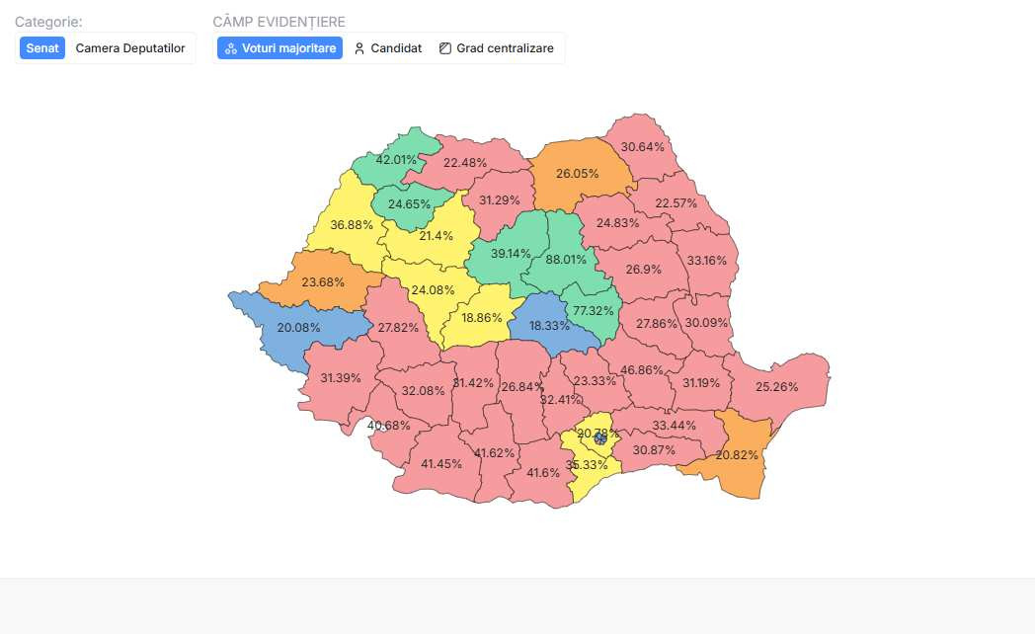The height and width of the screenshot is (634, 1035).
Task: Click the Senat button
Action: (x=42, y=48)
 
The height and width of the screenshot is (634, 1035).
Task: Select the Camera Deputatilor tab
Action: (x=130, y=48)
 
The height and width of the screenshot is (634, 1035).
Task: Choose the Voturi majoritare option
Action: (x=280, y=48)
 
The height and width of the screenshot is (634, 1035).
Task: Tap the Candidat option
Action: (x=388, y=48)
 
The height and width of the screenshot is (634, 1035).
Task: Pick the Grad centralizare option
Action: (x=497, y=48)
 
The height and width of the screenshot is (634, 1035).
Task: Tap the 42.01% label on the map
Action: (x=397, y=160)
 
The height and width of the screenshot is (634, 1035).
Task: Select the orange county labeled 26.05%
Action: (x=577, y=173)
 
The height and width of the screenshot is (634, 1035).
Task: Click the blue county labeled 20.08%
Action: (x=298, y=327)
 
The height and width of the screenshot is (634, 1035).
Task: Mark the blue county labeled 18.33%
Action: (x=549, y=325)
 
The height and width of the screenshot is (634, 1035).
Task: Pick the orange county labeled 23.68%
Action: (x=323, y=281)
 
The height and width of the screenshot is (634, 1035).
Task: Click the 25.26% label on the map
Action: (x=776, y=386)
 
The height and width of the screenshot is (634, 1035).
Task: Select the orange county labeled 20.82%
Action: (x=737, y=454)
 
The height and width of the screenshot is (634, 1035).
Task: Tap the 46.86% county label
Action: (x=642, y=369)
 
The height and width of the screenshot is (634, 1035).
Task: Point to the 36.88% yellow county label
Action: (x=352, y=224)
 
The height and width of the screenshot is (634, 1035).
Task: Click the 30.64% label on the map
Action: (x=642, y=146)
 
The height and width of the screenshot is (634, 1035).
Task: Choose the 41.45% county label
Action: (x=441, y=463)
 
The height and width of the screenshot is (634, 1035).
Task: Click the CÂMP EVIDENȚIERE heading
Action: (x=279, y=22)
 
